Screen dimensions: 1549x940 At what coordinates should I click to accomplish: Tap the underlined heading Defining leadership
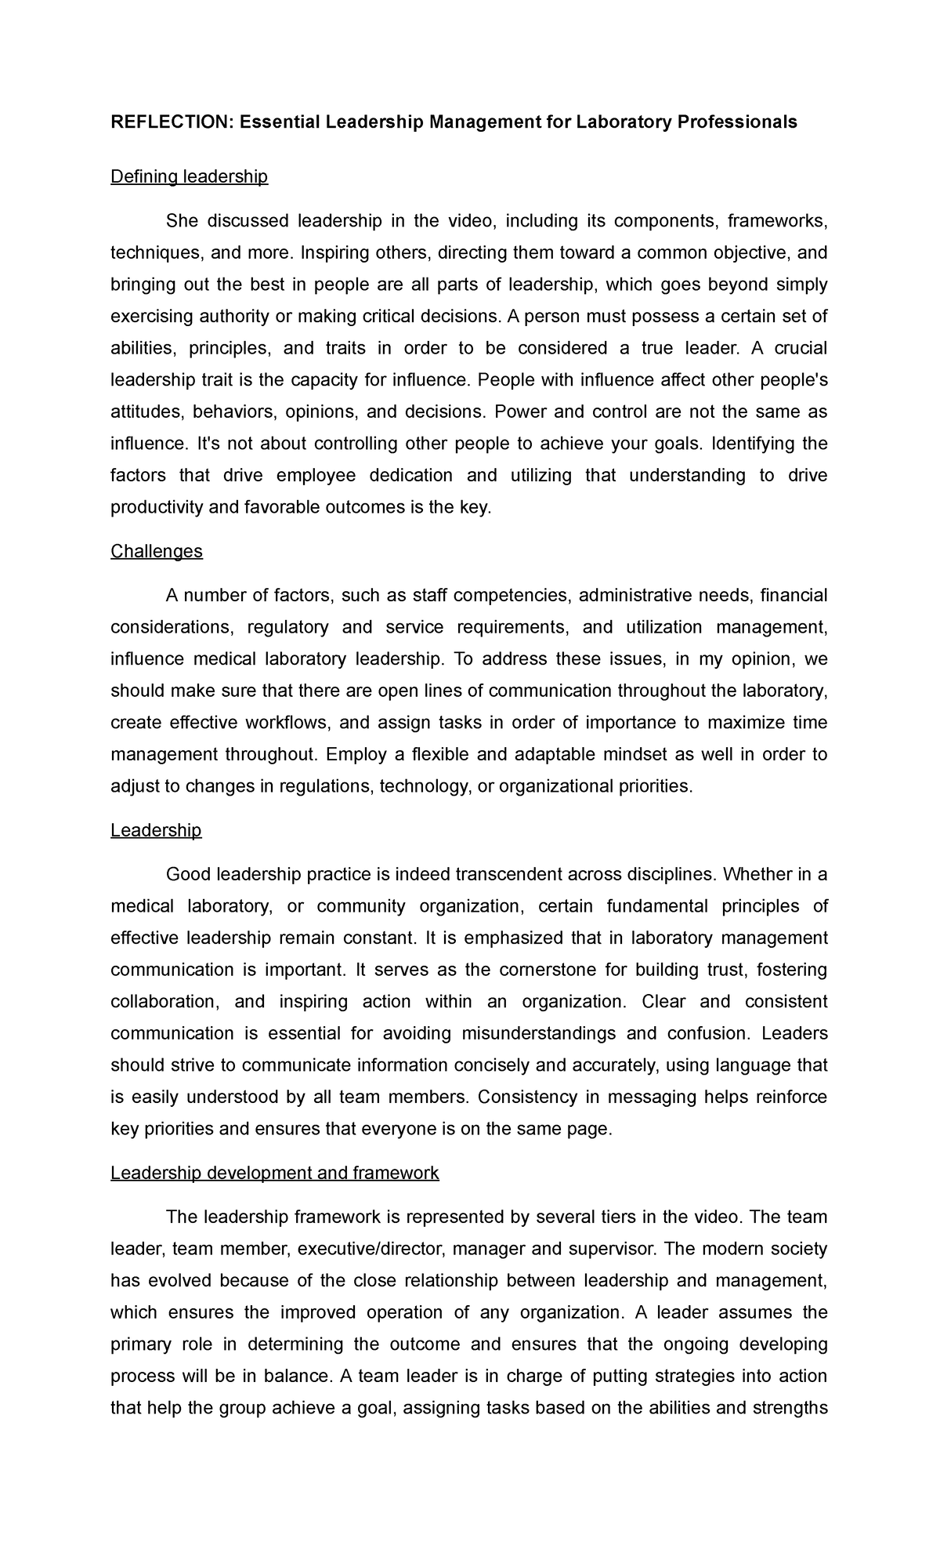189,176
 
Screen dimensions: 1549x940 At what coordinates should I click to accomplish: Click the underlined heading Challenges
156,551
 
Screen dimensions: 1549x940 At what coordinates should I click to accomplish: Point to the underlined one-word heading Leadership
156,830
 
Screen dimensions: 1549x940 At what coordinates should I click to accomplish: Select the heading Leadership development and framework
274,1173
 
